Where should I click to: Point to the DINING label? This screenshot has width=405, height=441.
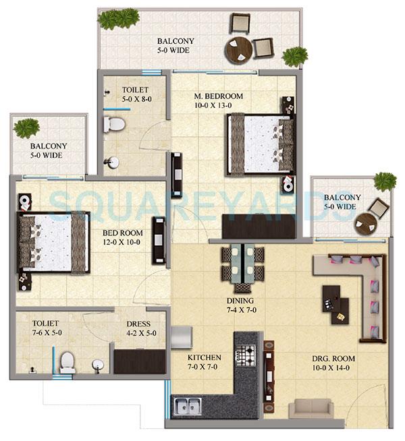(240, 301)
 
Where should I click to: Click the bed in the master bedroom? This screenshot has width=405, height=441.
(261, 143)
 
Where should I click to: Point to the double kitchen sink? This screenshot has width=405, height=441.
(187, 406)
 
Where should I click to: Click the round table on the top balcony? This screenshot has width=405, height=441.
(238, 51)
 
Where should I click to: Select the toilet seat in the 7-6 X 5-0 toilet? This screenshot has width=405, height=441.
(67, 363)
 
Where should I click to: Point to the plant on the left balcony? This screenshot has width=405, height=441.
(26, 127)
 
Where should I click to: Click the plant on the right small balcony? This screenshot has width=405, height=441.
(385, 181)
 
